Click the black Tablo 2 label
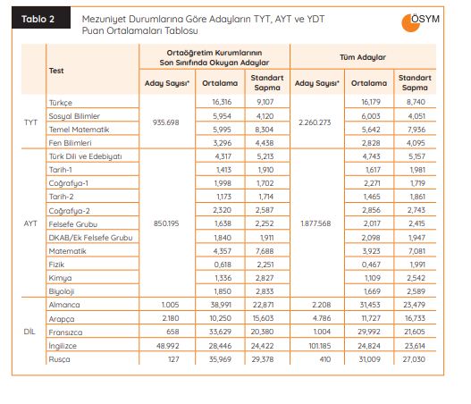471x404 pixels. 41,18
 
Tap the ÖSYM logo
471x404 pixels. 420,22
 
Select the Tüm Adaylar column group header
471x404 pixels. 363,57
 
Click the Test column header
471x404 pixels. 56,71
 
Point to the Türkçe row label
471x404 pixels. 61,103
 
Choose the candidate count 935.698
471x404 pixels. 166,122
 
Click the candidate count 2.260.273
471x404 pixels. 315,122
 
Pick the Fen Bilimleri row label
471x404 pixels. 70,143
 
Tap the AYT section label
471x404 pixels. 30,223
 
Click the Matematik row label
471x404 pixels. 67,251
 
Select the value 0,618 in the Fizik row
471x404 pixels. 223,265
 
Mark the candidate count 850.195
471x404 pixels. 166,223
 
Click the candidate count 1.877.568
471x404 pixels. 315,223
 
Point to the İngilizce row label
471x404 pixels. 63,346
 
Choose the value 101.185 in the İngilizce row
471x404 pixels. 320,346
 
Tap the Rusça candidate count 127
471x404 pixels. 173,359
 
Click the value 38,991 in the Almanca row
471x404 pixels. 221,305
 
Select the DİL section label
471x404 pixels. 29,332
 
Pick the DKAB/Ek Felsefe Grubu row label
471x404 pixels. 90,238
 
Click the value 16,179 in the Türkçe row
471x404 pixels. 371,102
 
